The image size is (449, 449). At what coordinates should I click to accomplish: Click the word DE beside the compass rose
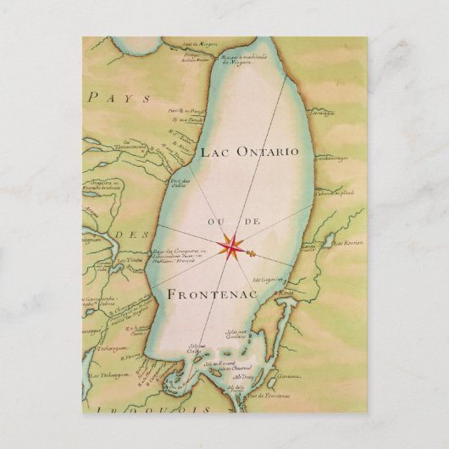(251, 223)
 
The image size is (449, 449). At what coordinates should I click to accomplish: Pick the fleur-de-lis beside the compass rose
(252, 252)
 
